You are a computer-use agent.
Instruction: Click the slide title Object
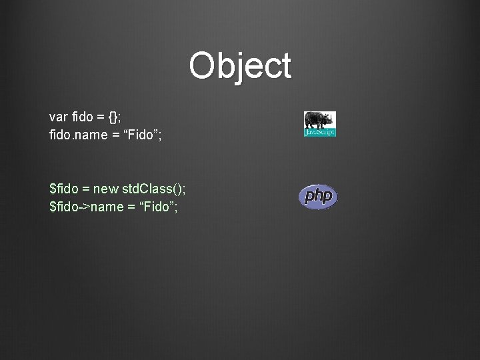[x=240, y=66]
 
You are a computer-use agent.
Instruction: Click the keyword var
[x=58, y=117]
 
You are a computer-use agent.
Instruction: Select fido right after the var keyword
[x=82, y=117]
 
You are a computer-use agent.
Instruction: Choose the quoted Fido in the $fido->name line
[x=156, y=207]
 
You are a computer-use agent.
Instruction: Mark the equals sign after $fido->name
[x=129, y=207]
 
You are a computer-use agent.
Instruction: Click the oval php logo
[x=319, y=197]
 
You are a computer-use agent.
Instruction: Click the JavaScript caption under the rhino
[x=320, y=133]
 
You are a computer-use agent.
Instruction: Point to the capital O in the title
[x=202, y=66]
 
